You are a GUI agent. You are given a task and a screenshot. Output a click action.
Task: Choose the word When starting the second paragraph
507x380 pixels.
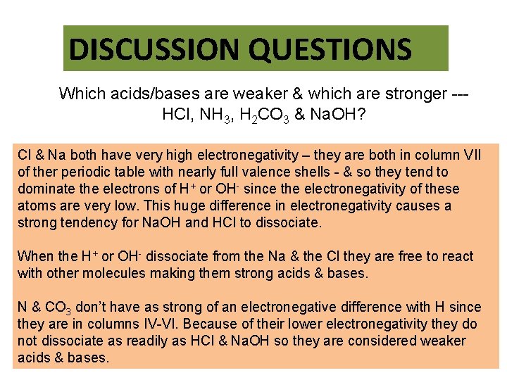coord(35,256)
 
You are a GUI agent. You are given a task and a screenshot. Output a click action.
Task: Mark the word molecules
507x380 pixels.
coord(117,273)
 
